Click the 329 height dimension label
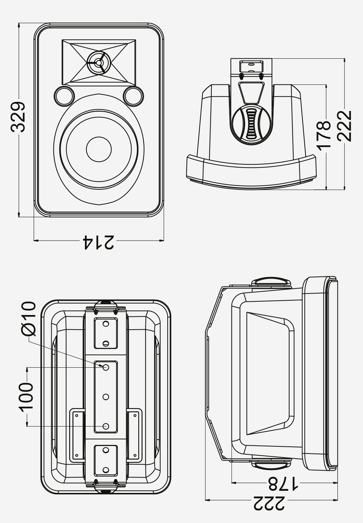(18, 117)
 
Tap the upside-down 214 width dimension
(99, 242)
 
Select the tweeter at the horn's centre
(99, 62)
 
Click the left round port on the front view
(64, 96)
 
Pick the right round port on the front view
(133, 96)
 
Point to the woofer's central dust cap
(99, 149)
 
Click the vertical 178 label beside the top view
(324, 134)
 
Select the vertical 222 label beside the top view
(344, 126)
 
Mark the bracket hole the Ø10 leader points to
(106, 367)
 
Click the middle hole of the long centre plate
(106, 396)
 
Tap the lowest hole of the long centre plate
(106, 426)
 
